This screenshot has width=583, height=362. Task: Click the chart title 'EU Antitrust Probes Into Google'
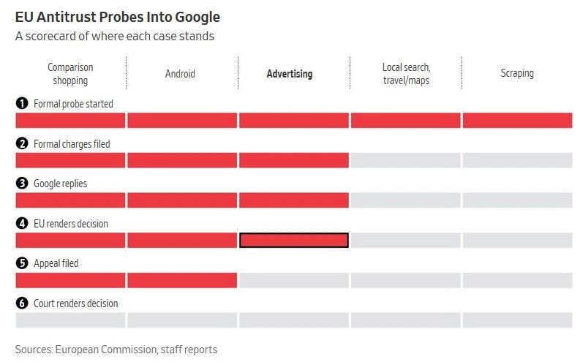tap(118, 16)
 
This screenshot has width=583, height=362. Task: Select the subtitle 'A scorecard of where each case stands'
tap(115, 36)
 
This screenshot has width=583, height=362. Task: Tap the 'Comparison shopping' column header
tap(70, 73)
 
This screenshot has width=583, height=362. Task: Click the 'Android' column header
tap(181, 73)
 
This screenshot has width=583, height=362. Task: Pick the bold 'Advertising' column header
tap(290, 73)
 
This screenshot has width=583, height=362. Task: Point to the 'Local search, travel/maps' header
tap(406, 73)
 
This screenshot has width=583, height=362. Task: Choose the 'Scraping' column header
tap(517, 73)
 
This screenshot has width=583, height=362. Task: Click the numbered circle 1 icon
tap(22, 104)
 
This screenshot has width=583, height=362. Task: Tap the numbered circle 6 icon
tap(22, 303)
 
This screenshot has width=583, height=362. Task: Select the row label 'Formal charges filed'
tap(72, 144)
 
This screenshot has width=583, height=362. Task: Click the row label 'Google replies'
tap(60, 184)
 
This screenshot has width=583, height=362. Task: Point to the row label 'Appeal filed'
tap(56, 263)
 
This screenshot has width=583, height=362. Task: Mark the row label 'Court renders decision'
tap(75, 303)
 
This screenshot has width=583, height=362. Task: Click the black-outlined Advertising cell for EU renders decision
tap(294, 240)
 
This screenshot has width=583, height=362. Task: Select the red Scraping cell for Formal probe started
tap(517, 121)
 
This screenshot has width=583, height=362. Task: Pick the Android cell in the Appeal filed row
tap(182, 280)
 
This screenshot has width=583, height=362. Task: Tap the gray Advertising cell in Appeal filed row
tap(294, 280)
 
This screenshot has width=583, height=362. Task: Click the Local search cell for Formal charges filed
tap(406, 160)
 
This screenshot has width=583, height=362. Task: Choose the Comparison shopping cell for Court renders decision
tap(70, 320)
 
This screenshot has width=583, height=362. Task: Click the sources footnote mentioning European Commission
tap(116, 349)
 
